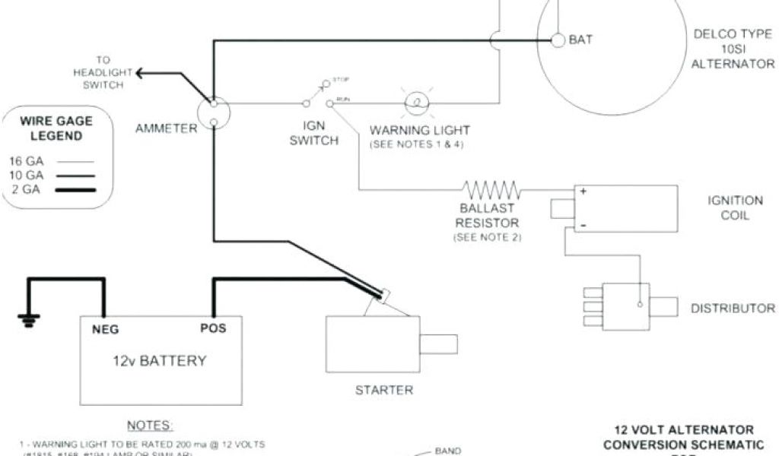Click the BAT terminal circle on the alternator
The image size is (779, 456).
tap(558, 40)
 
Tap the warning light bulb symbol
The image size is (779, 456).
tap(416, 102)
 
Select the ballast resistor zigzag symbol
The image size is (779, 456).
tap(493, 188)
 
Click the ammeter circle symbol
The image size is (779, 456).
tap(214, 113)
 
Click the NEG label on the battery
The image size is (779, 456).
tap(105, 329)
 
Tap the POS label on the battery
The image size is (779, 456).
tap(212, 328)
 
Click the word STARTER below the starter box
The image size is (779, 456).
tap(384, 391)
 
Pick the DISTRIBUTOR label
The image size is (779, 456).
tap(733, 308)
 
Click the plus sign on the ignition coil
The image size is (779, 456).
tap(583, 192)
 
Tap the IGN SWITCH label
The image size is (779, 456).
tap(313, 134)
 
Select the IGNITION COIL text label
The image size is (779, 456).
tap(735, 207)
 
